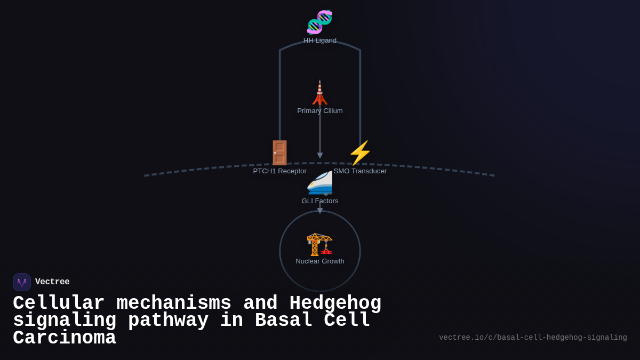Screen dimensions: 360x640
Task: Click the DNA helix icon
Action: coord(319,22)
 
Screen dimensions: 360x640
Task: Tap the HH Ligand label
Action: coord(319,41)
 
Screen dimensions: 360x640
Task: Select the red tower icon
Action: coord(319,93)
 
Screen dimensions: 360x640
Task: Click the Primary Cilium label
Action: coord(319,111)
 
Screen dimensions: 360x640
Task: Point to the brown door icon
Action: coord(279,153)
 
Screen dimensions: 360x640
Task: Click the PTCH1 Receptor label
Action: coord(279,171)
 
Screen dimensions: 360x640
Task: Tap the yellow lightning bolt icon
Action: coord(360,153)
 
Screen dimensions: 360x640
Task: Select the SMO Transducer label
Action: coord(360,171)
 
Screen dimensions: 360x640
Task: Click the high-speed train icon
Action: coord(319,183)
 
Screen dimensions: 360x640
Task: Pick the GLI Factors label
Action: coord(319,201)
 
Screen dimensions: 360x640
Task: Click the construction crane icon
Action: coord(319,244)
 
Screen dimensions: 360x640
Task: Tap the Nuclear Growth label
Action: coord(319,261)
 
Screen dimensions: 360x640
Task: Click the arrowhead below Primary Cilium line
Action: coord(320,155)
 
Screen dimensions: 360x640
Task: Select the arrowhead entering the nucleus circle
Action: coord(320,211)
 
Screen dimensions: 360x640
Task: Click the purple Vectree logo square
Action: coord(22,282)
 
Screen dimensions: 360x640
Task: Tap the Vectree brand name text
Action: coord(52,282)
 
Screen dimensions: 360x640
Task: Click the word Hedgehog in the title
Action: coord(335,303)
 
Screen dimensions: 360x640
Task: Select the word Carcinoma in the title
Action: coord(64,338)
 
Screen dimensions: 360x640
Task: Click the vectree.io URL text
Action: coord(533,338)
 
